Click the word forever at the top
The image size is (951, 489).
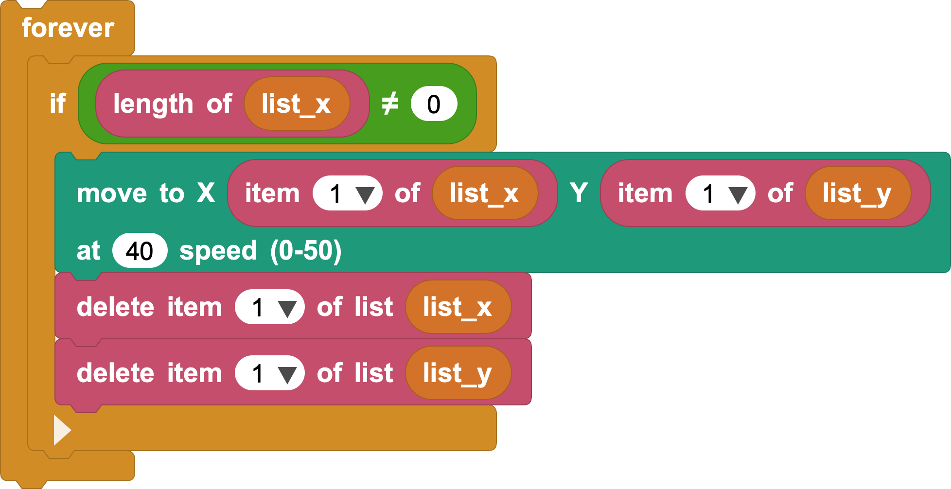click(x=68, y=28)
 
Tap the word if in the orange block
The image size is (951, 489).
click(x=58, y=103)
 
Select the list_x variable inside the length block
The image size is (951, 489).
click(x=297, y=104)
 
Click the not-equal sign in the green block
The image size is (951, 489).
click(x=390, y=104)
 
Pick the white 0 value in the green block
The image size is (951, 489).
click(x=434, y=104)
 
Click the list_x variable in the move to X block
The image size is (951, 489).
click(x=485, y=193)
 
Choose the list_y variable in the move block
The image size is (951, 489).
click(x=858, y=193)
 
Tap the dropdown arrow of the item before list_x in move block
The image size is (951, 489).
click(x=365, y=195)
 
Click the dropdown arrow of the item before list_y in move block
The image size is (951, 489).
click(x=738, y=195)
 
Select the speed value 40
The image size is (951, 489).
click(x=140, y=250)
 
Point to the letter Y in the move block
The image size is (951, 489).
click(x=579, y=193)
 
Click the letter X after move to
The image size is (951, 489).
click(x=206, y=193)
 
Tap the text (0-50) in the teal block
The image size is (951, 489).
click(x=306, y=251)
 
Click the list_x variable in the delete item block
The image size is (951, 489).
click(x=458, y=307)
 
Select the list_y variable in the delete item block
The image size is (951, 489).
click(x=458, y=373)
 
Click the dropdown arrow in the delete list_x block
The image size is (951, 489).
click(x=287, y=309)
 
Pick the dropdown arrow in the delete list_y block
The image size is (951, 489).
click(x=287, y=375)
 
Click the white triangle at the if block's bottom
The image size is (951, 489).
click(x=62, y=430)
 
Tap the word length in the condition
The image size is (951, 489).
click(x=153, y=104)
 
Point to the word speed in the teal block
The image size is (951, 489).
click(x=218, y=251)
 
